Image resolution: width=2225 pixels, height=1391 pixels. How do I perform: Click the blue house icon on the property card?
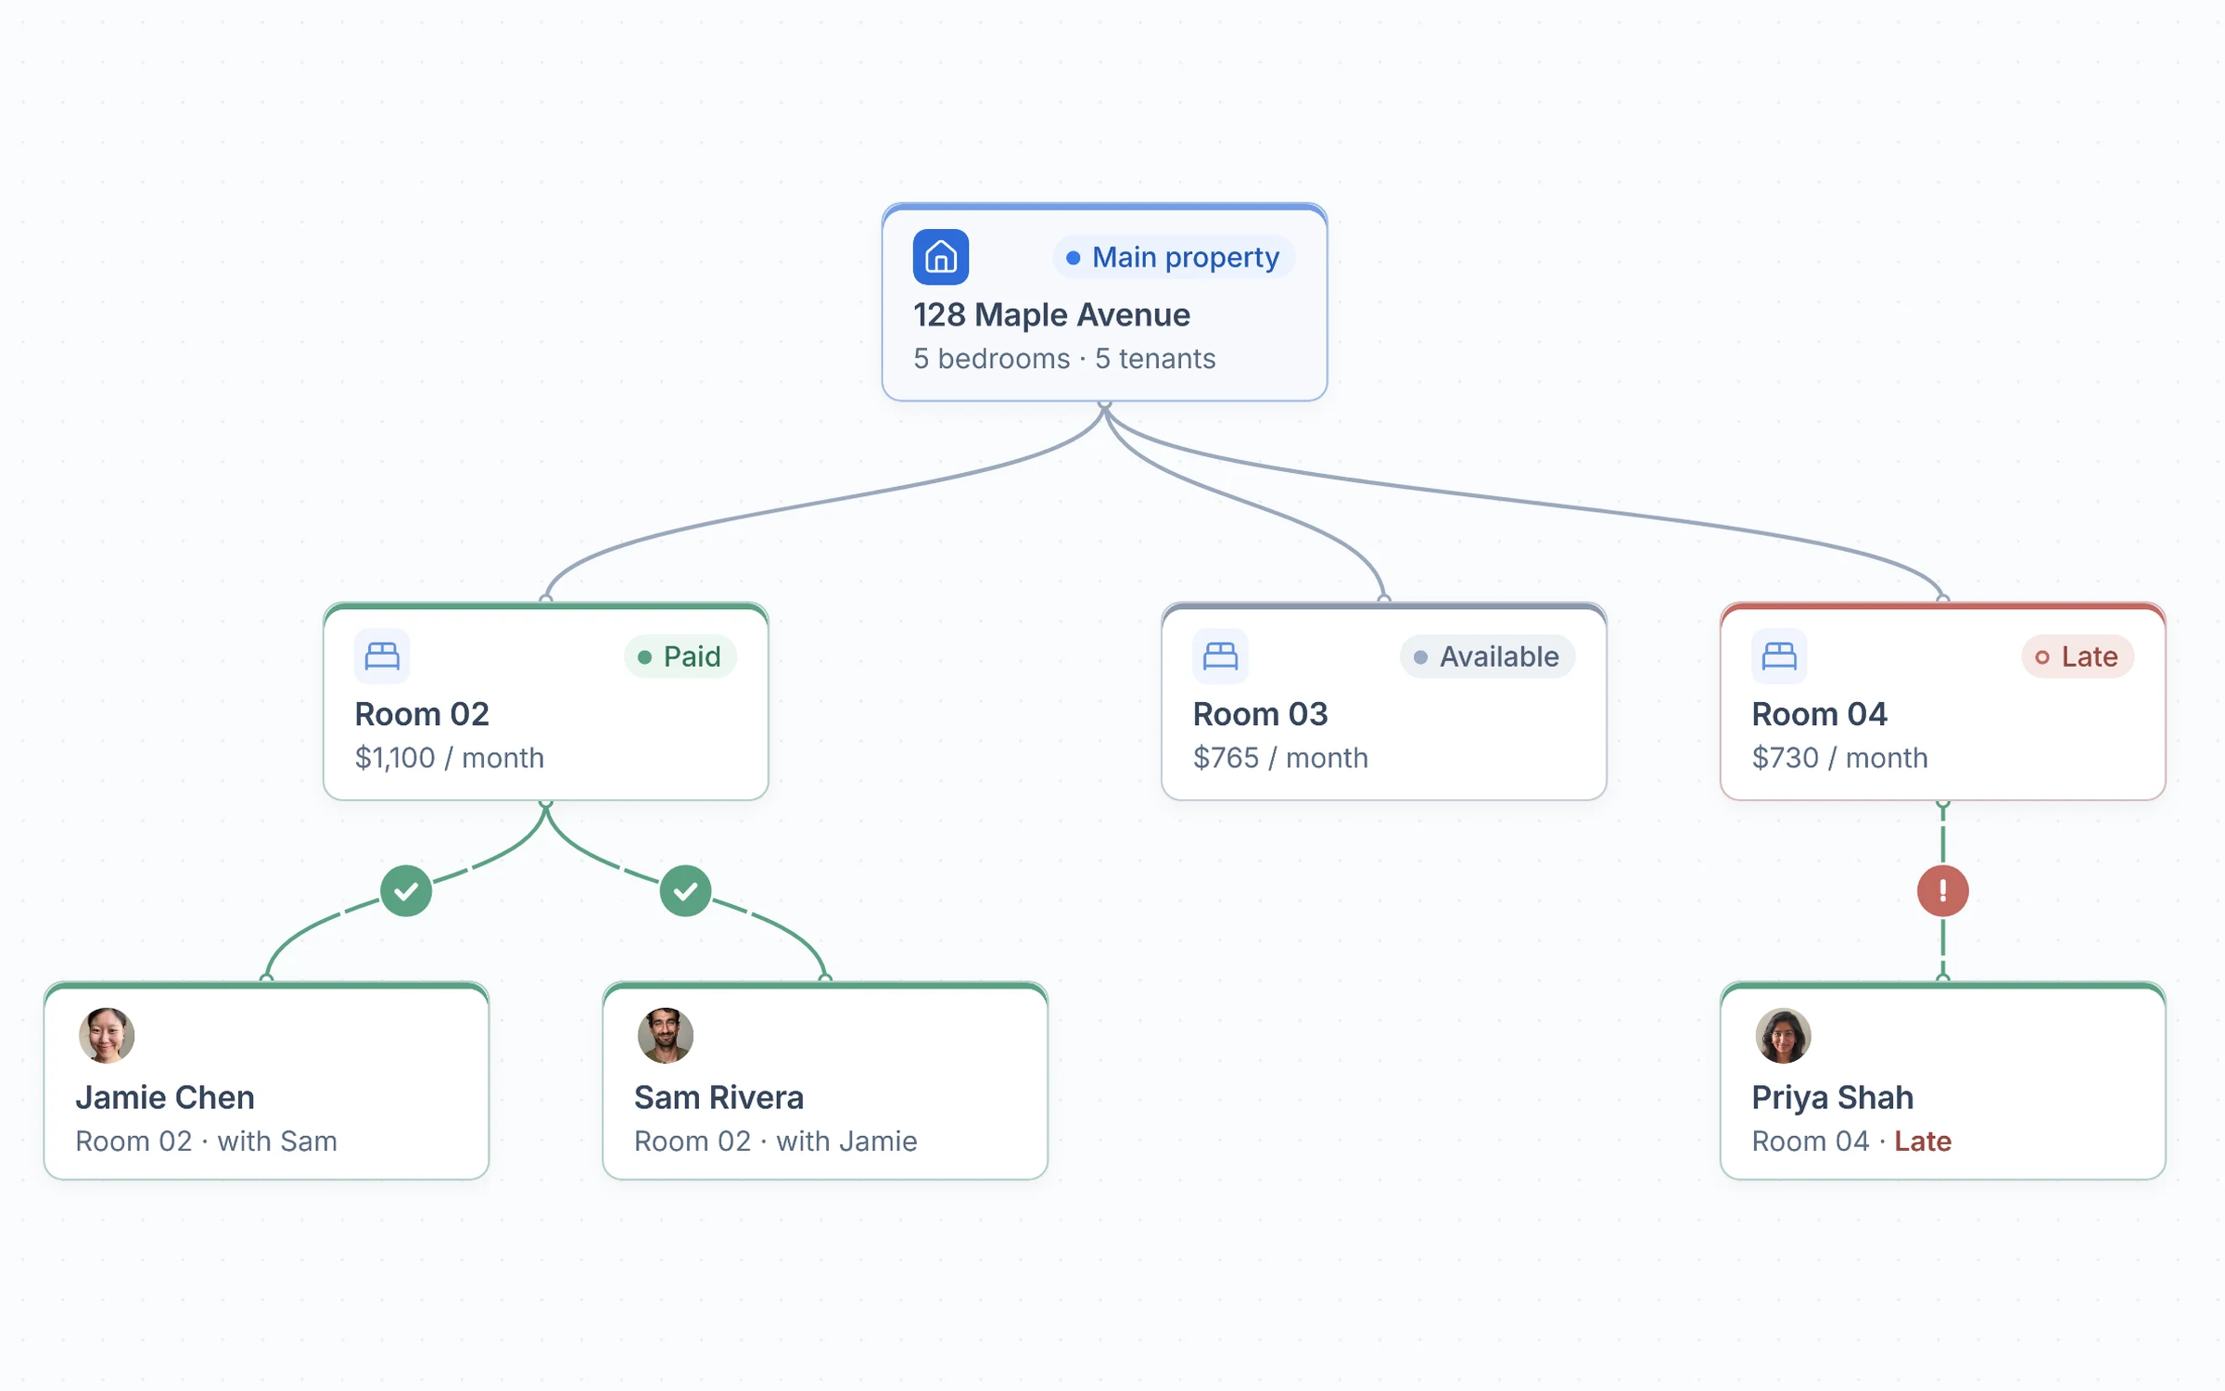pyautogui.click(x=941, y=257)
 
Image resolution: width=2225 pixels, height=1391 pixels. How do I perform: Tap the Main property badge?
pyautogui.click(x=1174, y=257)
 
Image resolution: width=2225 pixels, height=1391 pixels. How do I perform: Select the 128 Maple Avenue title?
pyautogui.click(x=1051, y=315)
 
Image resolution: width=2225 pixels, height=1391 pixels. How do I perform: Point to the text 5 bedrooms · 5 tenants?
pyautogui.click(x=1064, y=359)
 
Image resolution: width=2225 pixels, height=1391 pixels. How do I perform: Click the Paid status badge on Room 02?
pyautogui.click(x=680, y=657)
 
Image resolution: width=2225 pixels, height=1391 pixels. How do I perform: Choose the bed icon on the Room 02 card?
pyautogui.click(x=382, y=657)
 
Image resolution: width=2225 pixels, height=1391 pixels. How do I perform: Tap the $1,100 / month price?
pyautogui.click(x=450, y=758)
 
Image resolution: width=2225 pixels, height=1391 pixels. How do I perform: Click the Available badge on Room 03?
pyautogui.click(x=1487, y=657)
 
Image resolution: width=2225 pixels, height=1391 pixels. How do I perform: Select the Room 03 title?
pyautogui.click(x=1260, y=714)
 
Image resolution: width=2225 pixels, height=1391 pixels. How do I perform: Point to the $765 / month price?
pyautogui.click(x=1280, y=758)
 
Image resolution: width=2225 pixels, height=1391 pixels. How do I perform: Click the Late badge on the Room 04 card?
pyautogui.click(x=2078, y=657)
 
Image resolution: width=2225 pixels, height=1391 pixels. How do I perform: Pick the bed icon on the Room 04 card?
pyautogui.click(x=1779, y=657)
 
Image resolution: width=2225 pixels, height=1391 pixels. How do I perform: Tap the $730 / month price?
pyautogui.click(x=1839, y=758)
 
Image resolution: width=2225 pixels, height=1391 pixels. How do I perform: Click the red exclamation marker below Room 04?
pyautogui.click(x=1943, y=891)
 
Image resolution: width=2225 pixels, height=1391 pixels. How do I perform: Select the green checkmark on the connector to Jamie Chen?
pyautogui.click(x=406, y=891)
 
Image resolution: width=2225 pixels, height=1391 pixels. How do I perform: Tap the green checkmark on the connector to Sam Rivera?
pyautogui.click(x=686, y=891)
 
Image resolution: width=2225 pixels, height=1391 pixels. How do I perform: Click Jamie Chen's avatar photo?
pyautogui.click(x=107, y=1036)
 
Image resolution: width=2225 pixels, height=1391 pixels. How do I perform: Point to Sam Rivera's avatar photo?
pyautogui.click(x=666, y=1036)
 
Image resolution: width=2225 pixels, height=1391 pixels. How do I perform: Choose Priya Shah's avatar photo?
pyautogui.click(x=1784, y=1036)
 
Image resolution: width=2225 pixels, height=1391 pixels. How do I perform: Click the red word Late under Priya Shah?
pyautogui.click(x=1923, y=1142)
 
